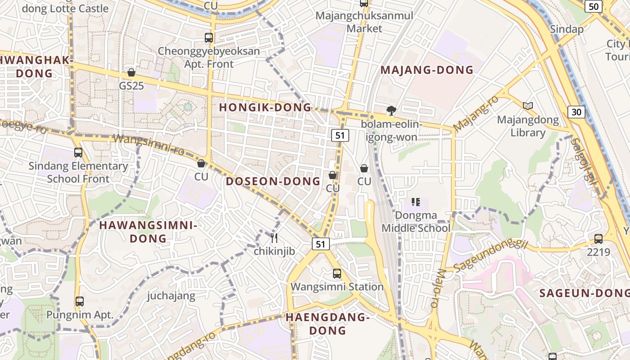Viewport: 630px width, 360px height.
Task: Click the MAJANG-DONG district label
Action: tap(427, 70)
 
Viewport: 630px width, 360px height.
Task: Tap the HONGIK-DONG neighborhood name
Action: tap(265, 107)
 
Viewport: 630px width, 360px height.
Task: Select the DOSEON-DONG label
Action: tap(273, 181)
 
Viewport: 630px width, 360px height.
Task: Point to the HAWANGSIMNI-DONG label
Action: tap(148, 232)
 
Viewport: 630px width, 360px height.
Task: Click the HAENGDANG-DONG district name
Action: tap(328, 324)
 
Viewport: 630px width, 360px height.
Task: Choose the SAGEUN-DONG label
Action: tap(584, 293)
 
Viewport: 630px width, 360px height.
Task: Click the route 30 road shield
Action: tap(576, 112)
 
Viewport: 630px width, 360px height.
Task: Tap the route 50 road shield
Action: tap(594, 6)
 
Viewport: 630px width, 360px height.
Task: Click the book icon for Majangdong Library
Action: tap(528, 106)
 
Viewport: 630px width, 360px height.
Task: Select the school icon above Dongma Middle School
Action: tap(415, 202)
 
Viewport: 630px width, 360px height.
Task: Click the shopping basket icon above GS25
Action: tap(131, 72)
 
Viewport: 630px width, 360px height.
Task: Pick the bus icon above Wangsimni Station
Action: tap(337, 273)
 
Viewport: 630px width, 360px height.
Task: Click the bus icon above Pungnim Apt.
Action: tap(80, 301)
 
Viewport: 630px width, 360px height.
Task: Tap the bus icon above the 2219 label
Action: tap(598, 239)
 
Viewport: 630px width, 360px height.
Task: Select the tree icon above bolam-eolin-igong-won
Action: tap(391, 110)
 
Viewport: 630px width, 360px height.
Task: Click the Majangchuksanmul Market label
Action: tap(364, 22)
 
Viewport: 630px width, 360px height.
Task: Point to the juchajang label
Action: tap(171, 296)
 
